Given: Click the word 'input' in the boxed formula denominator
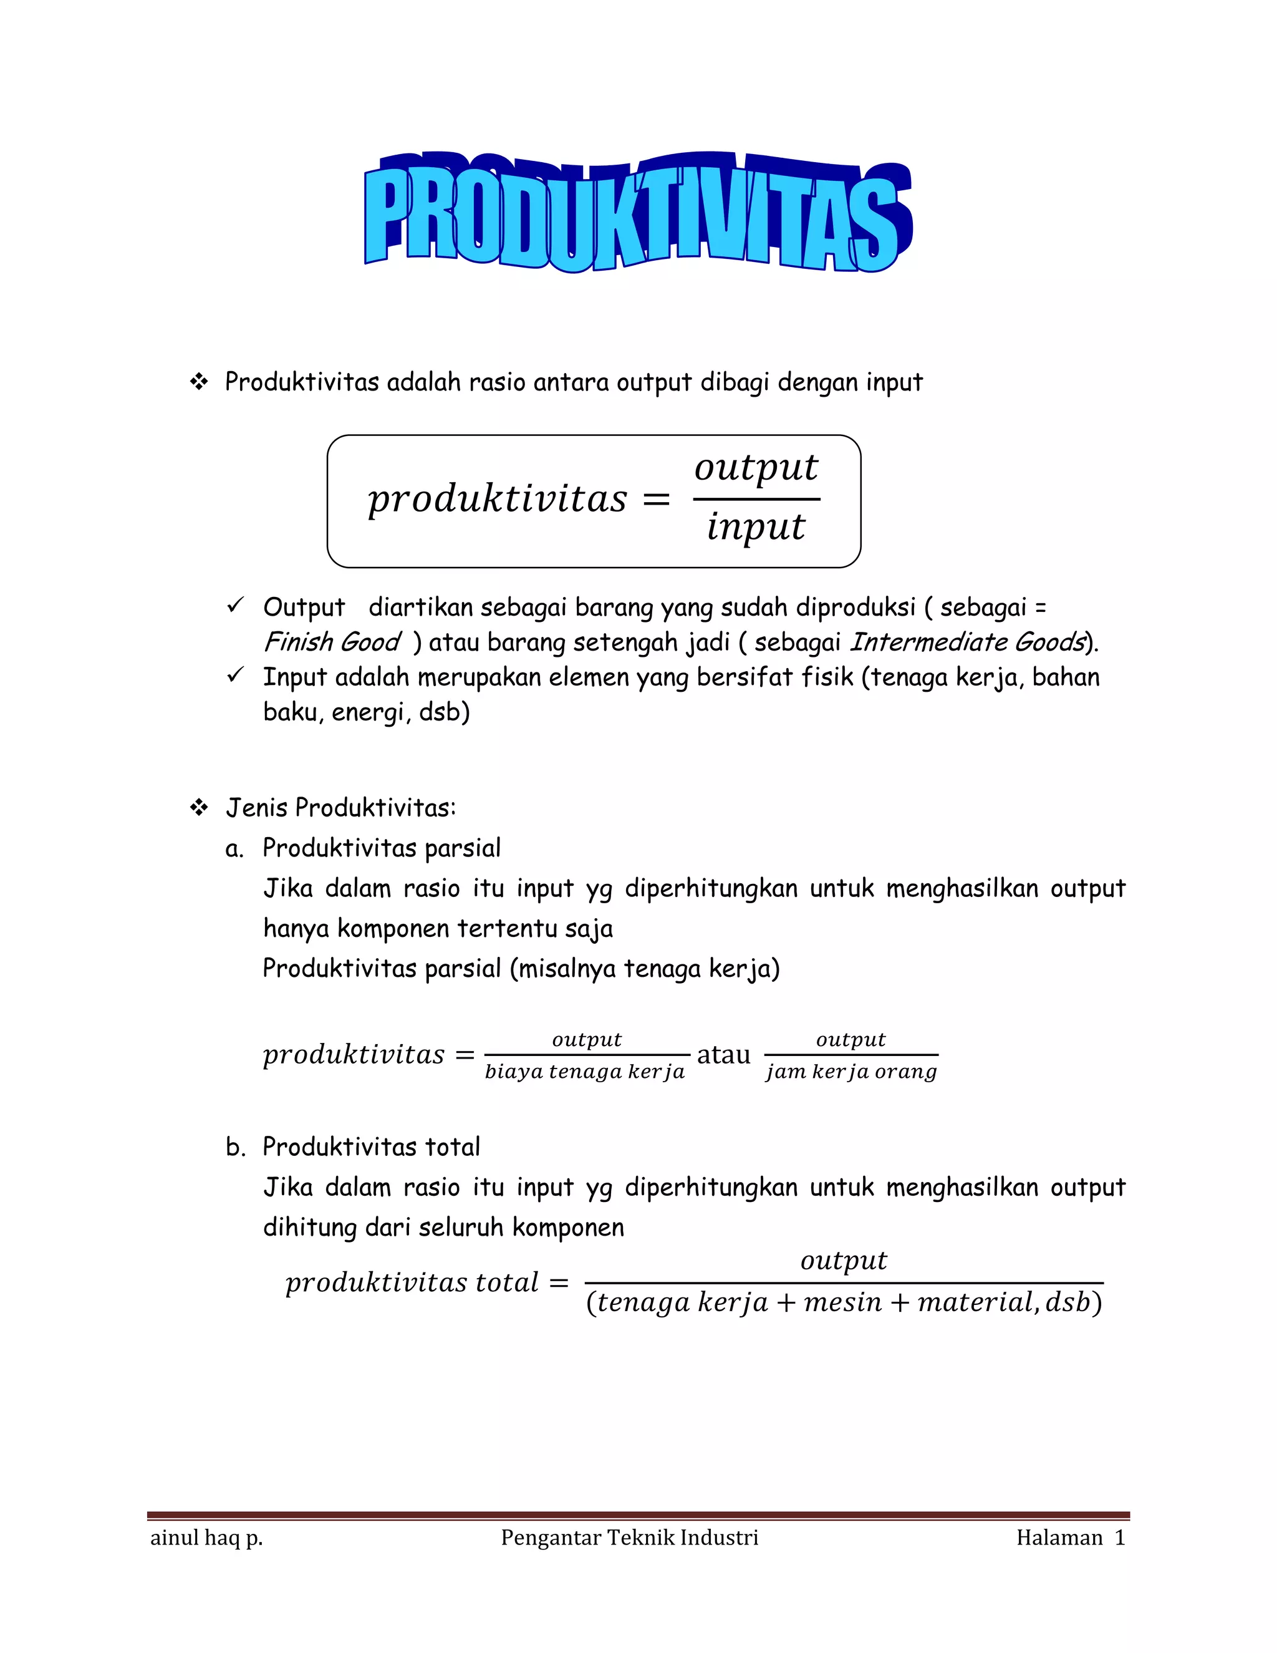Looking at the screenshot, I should [x=756, y=526].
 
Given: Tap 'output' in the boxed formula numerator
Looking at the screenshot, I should [x=756, y=467].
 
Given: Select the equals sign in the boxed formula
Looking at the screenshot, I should [x=655, y=500].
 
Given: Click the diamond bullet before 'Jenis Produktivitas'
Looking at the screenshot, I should [x=199, y=808].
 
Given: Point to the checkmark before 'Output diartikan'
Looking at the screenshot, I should [x=235, y=606].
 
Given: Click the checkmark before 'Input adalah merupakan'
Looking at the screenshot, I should [x=235, y=675].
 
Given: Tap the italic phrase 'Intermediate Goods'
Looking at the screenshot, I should [x=968, y=642].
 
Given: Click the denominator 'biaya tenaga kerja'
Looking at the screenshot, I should [x=585, y=1072].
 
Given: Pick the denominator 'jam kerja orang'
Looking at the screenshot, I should [x=851, y=1072].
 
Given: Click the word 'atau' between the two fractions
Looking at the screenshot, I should [x=723, y=1054].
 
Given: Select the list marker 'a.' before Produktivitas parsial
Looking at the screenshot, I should [x=234, y=849].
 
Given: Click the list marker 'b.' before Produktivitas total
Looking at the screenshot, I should [x=235, y=1147].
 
